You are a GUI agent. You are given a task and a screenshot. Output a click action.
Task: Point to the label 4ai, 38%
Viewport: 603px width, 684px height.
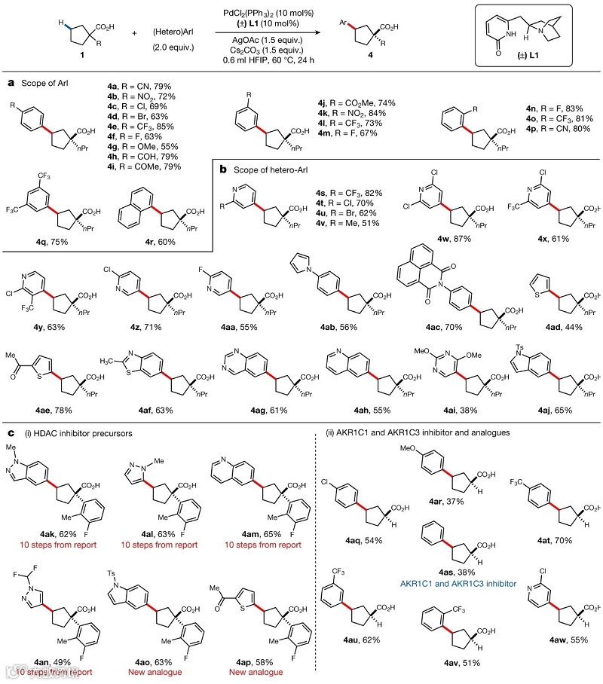pyautogui.click(x=450, y=410)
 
